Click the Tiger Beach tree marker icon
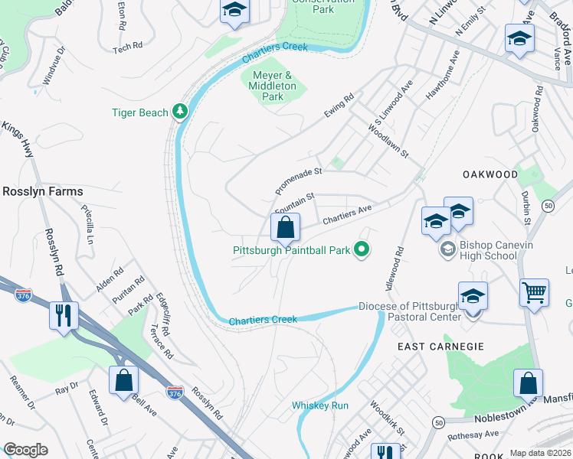(180, 112)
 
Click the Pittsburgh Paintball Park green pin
(363, 249)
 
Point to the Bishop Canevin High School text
(488, 250)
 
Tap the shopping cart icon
(533, 292)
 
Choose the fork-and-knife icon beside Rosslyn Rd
(63, 314)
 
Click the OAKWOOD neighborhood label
(490, 174)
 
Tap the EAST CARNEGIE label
(440, 347)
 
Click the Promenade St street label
(299, 181)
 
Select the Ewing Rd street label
(339, 106)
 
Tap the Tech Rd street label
(128, 47)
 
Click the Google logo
(25, 450)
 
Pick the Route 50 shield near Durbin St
(548, 206)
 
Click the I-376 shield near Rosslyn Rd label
(175, 392)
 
